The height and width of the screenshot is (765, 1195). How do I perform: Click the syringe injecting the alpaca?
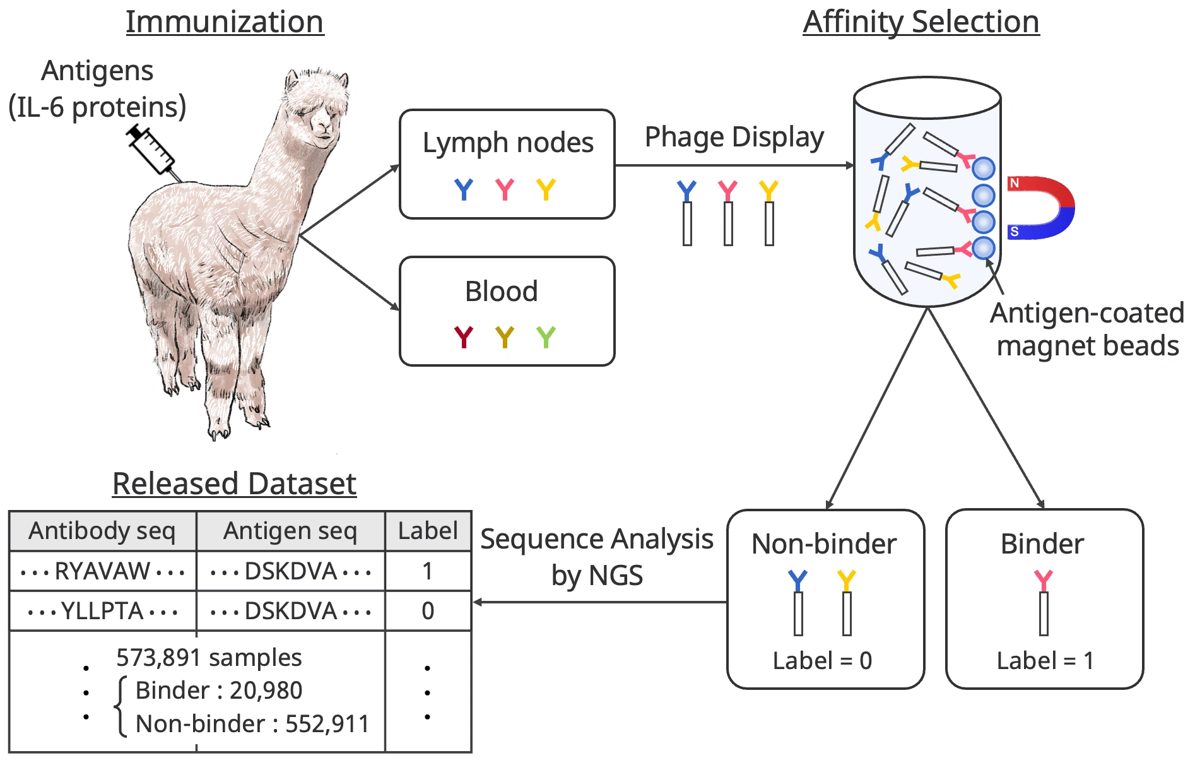151,150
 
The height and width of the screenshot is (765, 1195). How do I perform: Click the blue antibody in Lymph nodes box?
464,189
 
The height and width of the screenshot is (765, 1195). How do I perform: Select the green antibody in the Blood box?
546,337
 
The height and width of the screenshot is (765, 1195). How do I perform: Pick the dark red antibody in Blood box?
464,337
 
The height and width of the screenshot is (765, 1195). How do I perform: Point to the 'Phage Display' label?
734,137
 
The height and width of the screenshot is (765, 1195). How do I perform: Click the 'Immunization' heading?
225,22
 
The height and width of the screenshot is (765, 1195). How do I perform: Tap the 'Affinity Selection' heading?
921,22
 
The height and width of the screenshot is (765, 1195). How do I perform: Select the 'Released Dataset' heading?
234,484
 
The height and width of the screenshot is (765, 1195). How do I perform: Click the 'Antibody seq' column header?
102,531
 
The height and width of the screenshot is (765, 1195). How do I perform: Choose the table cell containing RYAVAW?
102,571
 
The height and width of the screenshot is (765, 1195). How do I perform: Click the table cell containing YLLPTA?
102,611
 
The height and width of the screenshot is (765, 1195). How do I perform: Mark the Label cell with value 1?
428,571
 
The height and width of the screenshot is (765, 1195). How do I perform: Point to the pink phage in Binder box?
1044,603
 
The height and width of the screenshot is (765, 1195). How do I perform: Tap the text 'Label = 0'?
822,661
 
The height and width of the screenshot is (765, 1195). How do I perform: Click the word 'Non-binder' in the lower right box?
824,544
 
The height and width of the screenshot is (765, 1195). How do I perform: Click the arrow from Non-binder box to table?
599,602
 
